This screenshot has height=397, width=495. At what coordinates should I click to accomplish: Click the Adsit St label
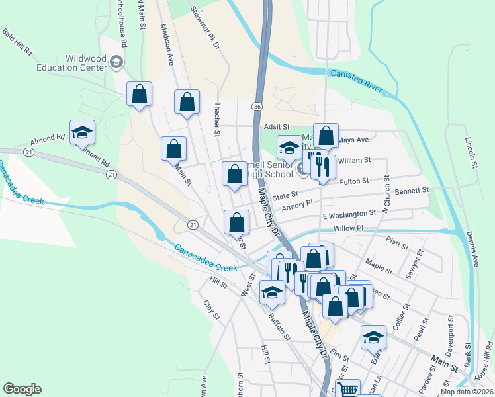click(x=277, y=126)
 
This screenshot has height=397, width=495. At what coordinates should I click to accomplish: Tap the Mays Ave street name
click(x=353, y=140)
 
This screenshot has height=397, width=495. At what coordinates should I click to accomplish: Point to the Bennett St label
click(x=412, y=190)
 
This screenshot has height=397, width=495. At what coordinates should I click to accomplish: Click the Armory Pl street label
click(x=296, y=207)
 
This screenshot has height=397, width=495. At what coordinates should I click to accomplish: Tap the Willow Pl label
click(x=349, y=228)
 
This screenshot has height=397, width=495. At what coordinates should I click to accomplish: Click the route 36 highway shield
click(x=257, y=106)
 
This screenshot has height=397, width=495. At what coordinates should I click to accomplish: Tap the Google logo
click(x=22, y=389)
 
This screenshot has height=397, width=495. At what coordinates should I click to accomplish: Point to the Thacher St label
click(x=217, y=119)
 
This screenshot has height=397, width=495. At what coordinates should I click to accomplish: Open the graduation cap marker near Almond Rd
click(x=82, y=133)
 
